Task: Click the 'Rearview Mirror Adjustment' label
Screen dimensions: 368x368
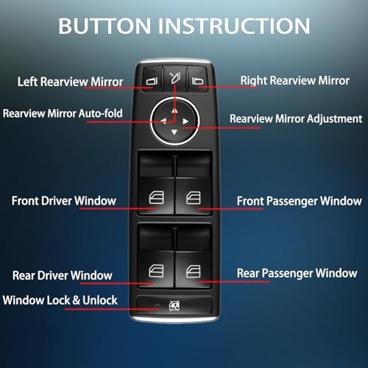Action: pos(296,118)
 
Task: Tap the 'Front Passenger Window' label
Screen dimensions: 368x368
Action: pos(299,200)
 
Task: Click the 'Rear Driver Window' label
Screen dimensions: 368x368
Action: pos(63,276)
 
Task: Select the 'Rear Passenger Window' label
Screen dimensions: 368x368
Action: pos(297,273)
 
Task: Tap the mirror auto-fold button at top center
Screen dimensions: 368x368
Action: pos(174,76)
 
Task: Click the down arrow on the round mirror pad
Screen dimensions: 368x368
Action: pos(174,132)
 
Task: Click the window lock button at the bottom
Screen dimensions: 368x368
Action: pos(175,303)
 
